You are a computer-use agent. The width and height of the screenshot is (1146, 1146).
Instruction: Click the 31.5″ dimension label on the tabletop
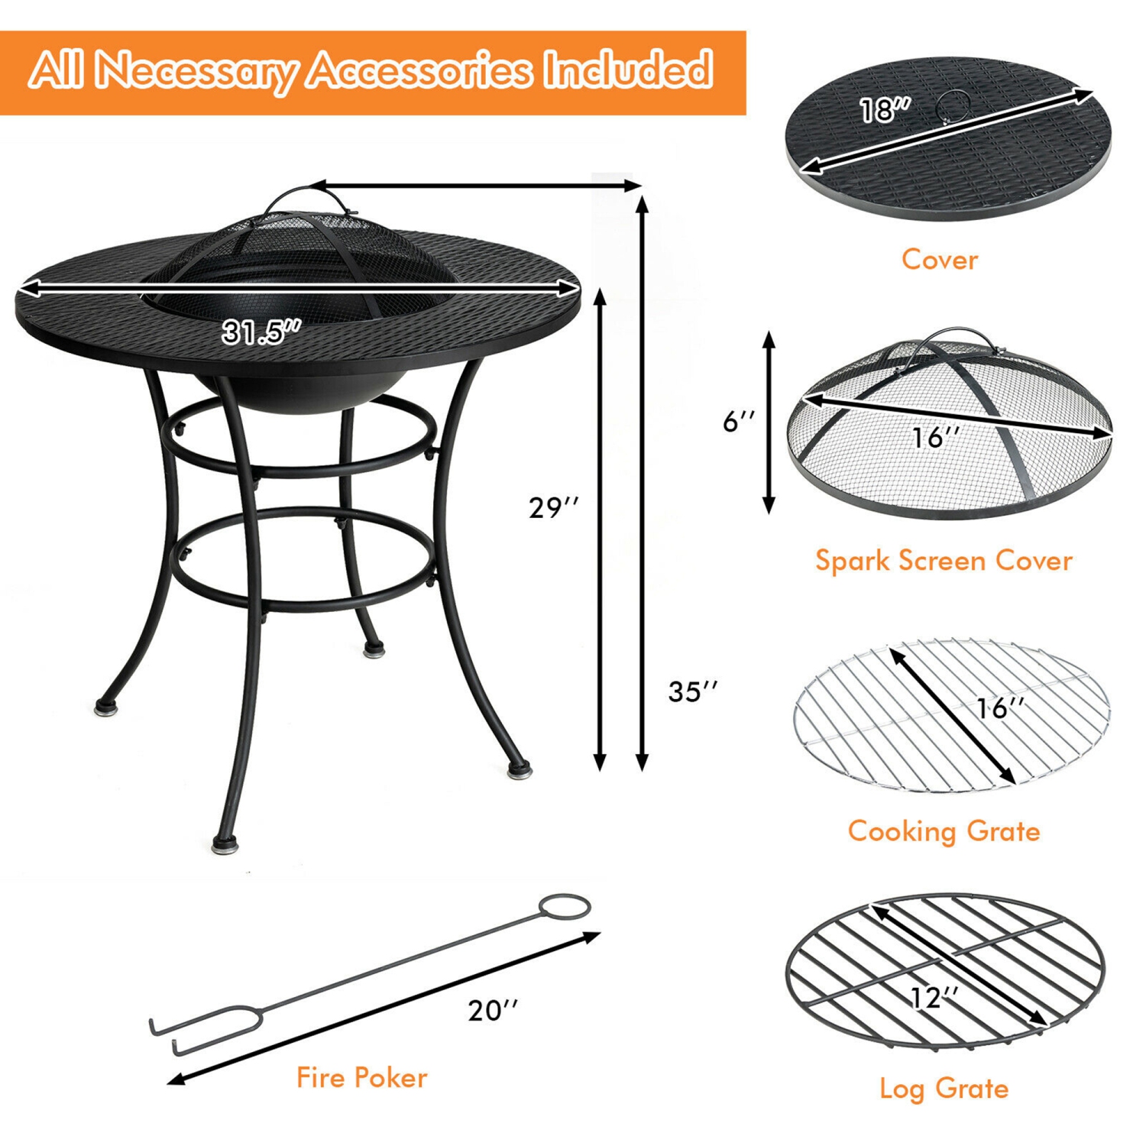pos(261,332)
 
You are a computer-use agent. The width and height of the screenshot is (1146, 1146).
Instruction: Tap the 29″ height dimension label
pos(553,507)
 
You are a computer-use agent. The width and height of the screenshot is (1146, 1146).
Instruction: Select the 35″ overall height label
pos(692,691)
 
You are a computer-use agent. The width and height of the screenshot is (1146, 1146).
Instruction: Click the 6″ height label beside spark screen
pos(739,421)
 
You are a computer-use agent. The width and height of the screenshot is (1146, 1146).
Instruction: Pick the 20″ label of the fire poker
pos(493,1010)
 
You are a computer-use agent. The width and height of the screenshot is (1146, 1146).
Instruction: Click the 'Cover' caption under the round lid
pos(939,260)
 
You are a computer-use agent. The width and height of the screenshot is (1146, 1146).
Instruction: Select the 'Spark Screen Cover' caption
pos(944,561)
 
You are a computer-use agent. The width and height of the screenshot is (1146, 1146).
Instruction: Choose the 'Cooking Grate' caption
pos(944,831)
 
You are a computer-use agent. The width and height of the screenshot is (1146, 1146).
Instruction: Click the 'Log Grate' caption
pos(944,1089)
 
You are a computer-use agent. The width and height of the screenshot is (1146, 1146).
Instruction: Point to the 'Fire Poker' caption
pos(361,1078)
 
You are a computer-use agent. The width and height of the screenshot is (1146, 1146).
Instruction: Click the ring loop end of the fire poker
pos(565,907)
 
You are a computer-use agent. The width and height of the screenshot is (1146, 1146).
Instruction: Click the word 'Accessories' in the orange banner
pos(419,71)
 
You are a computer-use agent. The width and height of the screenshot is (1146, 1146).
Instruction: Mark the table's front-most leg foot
pos(225,844)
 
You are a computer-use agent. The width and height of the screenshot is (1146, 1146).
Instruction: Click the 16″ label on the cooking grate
pos(1000,708)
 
